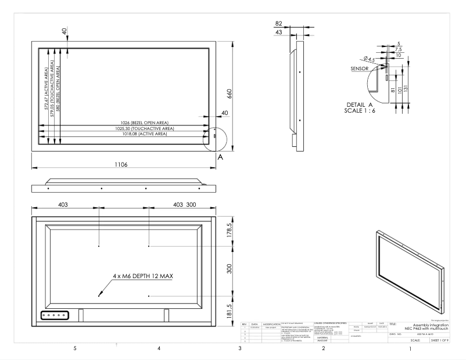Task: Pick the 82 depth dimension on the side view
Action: (x=279, y=23)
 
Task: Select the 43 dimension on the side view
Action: (x=278, y=32)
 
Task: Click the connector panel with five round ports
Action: (x=55, y=315)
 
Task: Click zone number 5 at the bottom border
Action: (x=74, y=349)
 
